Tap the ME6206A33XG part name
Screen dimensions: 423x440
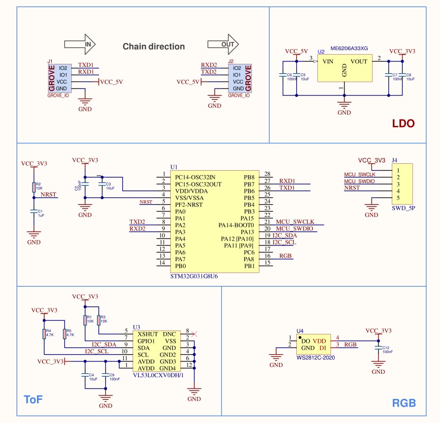pyautogui.click(x=349, y=48)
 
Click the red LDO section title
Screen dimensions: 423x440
pyautogui.click(x=403, y=124)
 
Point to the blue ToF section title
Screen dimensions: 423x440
pyautogui.click(x=33, y=399)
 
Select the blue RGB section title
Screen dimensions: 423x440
pyautogui.click(x=404, y=403)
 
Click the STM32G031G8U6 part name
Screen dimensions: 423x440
pyautogui.click(x=194, y=276)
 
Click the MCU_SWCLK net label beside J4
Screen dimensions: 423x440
pyautogui.click(x=359, y=175)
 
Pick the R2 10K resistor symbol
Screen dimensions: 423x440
pyautogui.click(x=33, y=187)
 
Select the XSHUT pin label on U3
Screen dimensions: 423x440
pyautogui.click(x=148, y=334)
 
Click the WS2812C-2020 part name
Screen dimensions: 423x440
pyautogui.click(x=315, y=358)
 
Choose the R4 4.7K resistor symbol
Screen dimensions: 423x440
pyautogui.click(x=44, y=334)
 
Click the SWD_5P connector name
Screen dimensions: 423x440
pyautogui.click(x=404, y=208)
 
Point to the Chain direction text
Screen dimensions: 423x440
pyautogui.click(x=154, y=47)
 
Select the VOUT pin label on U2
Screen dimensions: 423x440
pyautogui.click(x=359, y=61)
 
